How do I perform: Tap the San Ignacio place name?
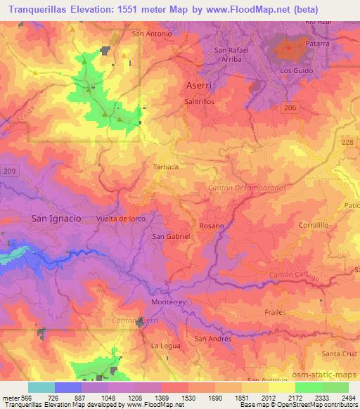tap(56, 219)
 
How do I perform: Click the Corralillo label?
tap(314, 226)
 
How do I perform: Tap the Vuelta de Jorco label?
tap(121, 219)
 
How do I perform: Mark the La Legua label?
tap(167, 346)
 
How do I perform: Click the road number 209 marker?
tap(8, 171)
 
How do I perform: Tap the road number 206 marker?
tap(291, 106)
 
